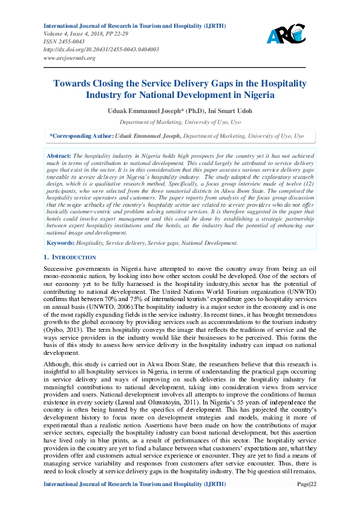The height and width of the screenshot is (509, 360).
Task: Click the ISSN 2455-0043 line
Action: pos(63,42)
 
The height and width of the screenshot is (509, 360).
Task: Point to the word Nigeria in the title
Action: pos(258,95)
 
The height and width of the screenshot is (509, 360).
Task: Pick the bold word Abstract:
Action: pos(59,156)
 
